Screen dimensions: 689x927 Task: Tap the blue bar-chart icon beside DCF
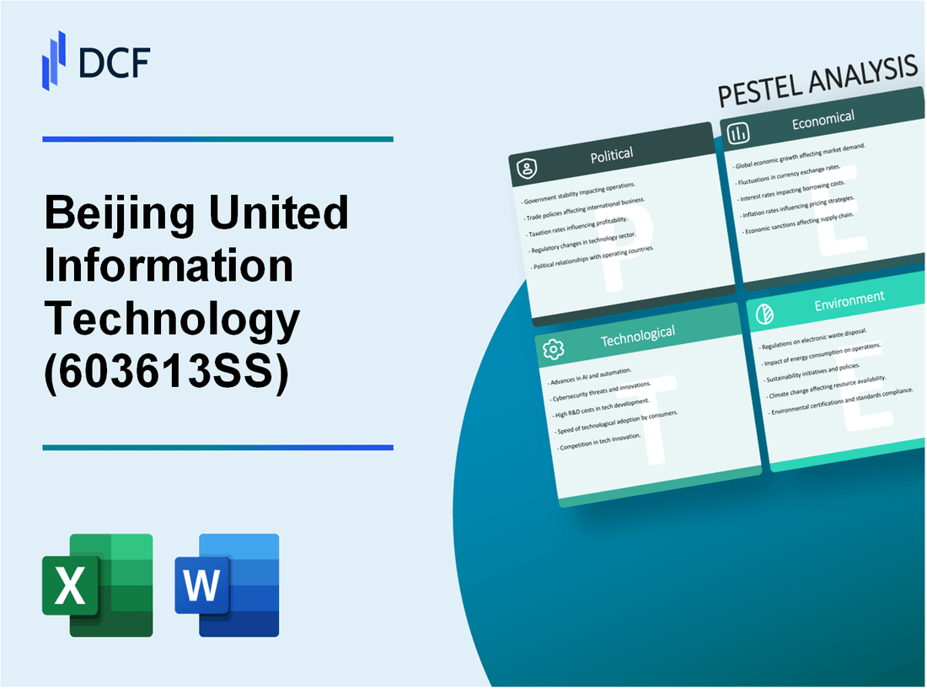coord(54,60)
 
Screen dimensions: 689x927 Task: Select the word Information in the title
coord(169,266)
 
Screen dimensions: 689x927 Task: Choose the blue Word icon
coord(227,585)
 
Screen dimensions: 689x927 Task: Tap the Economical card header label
coord(823,121)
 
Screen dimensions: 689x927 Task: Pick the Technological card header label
coord(637,336)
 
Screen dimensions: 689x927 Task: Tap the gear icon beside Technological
coord(554,348)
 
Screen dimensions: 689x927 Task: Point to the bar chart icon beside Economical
coord(739,133)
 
